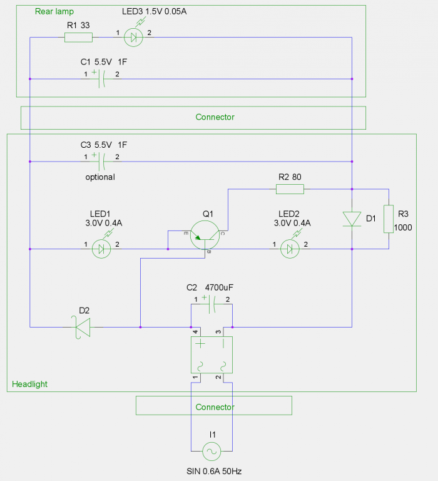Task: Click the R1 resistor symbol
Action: coord(78,38)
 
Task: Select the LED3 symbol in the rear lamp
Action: coord(133,38)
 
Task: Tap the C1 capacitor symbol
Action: coord(101,79)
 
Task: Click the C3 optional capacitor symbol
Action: coord(101,162)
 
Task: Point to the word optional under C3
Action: coord(100,177)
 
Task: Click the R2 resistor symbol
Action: coord(290,189)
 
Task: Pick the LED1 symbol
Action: coord(101,249)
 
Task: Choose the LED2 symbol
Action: coord(288,249)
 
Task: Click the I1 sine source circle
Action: coord(211,450)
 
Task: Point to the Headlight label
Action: coord(30,384)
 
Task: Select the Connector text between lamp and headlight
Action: coord(215,117)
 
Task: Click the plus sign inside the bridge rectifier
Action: coord(200,345)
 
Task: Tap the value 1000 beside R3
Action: coord(403,228)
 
